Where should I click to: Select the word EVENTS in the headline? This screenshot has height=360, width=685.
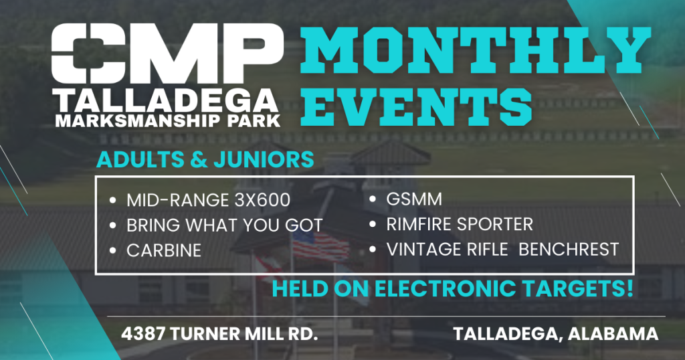[419, 106]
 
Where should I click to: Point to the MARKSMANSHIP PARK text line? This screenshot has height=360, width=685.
[167, 120]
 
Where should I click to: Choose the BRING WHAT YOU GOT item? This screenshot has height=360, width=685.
[224, 225]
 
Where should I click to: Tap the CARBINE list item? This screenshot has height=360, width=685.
[164, 250]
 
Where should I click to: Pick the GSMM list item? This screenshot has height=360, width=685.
[414, 199]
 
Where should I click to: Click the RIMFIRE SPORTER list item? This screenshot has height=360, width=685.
[460, 224]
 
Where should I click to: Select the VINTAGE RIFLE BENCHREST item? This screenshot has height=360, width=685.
[502, 250]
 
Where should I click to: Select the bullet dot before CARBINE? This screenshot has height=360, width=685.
[114, 251]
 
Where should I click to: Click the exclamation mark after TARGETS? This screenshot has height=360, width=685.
[629, 289]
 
